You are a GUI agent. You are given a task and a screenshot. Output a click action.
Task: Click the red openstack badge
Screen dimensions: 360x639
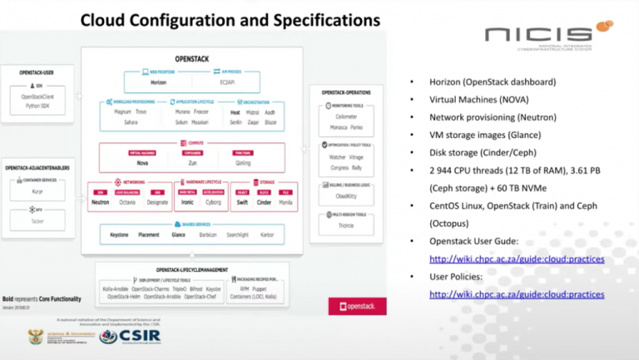(357, 307)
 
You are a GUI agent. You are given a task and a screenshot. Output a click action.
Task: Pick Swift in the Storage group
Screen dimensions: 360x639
(240, 201)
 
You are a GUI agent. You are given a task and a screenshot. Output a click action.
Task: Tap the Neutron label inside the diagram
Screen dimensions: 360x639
(100, 201)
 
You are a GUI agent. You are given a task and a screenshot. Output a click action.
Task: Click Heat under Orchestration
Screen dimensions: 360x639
(235, 111)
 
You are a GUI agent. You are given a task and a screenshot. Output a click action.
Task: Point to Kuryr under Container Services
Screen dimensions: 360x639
(37, 191)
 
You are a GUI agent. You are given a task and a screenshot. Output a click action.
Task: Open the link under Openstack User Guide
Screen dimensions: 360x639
(516, 259)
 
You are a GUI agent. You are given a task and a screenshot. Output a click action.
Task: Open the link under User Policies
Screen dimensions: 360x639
(516, 294)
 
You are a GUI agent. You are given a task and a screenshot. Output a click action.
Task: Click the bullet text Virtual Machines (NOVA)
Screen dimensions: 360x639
(484, 100)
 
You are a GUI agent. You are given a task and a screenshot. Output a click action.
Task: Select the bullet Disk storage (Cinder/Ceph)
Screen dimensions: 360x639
(489, 152)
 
